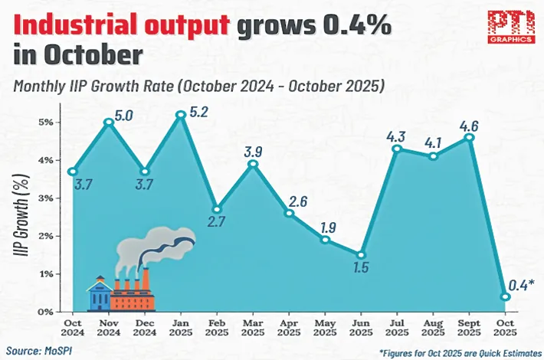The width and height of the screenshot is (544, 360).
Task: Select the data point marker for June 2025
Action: pyautogui.click(x=360, y=255)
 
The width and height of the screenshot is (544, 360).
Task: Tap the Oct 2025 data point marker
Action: pyautogui.click(x=505, y=296)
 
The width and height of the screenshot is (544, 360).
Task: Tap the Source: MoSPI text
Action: pyautogui.click(x=41, y=350)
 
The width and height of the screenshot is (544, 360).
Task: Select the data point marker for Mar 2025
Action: pyautogui.click(x=253, y=164)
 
